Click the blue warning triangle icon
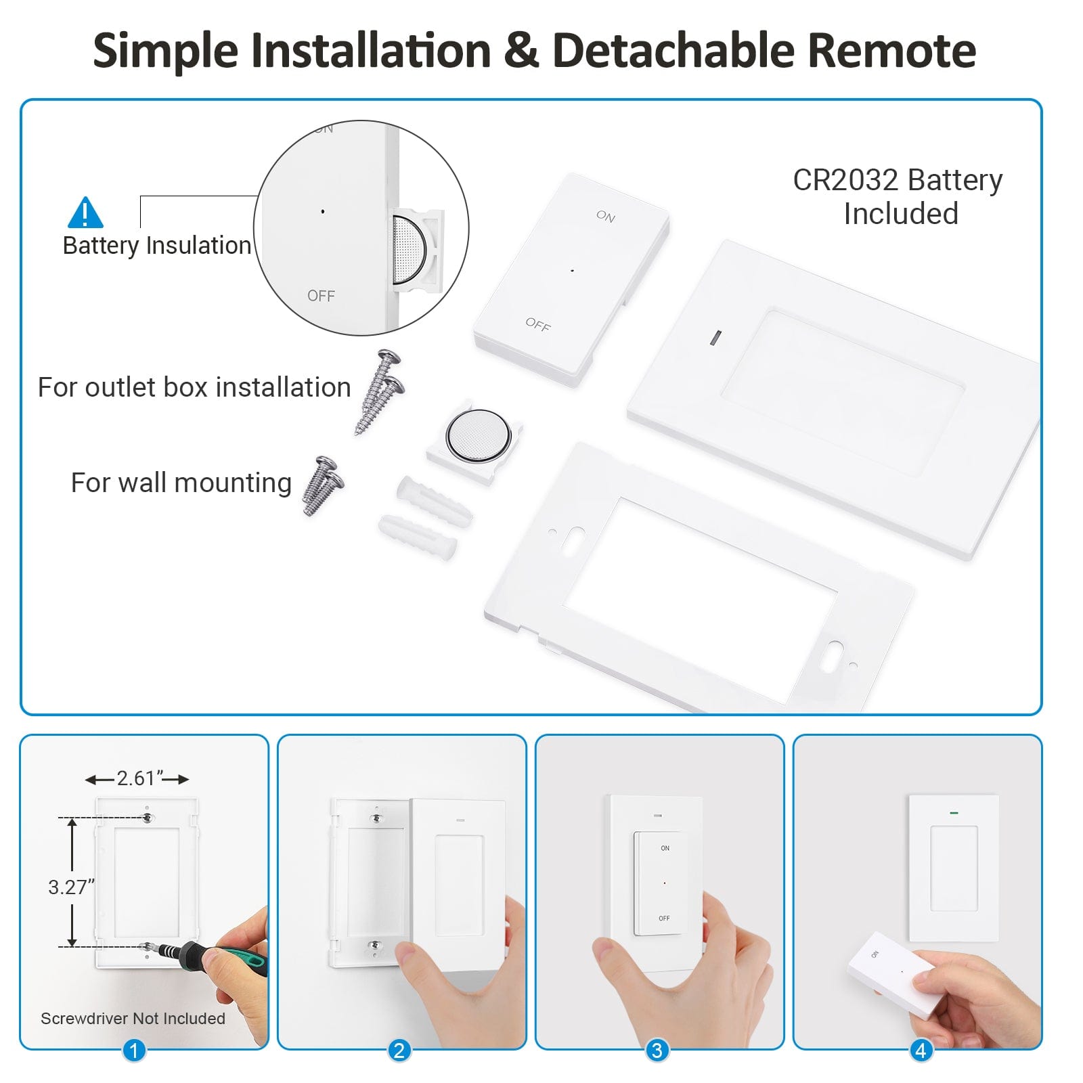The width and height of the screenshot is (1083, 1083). tap(85, 214)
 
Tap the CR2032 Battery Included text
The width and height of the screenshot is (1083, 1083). tap(898, 196)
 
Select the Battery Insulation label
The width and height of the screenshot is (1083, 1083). tap(156, 245)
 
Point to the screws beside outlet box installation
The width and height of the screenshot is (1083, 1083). tap(380, 391)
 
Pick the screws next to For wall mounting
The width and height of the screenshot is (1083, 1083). tap(324, 485)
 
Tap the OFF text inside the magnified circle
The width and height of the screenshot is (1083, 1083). tap(321, 296)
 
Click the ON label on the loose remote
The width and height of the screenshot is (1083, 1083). tap(605, 216)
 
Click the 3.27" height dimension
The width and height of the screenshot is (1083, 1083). tap(70, 887)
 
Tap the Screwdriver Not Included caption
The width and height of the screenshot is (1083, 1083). tap(133, 1019)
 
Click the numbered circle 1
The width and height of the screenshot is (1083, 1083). tap(134, 1051)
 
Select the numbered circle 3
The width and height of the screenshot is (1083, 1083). tap(657, 1051)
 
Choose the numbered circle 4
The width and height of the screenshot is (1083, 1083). tap(921, 1051)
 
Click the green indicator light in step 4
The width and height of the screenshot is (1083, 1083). tap(954, 812)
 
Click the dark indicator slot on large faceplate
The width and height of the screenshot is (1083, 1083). tap(715, 337)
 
